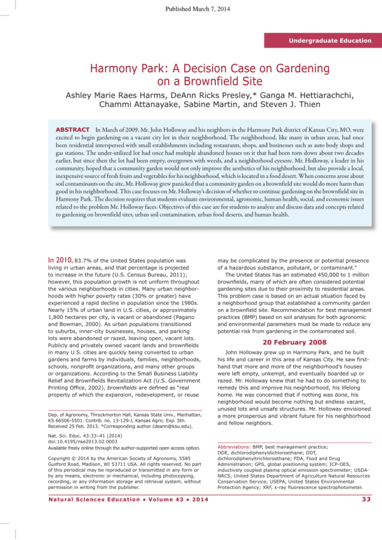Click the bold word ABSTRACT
coord(73,130)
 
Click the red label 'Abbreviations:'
coord(234,446)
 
